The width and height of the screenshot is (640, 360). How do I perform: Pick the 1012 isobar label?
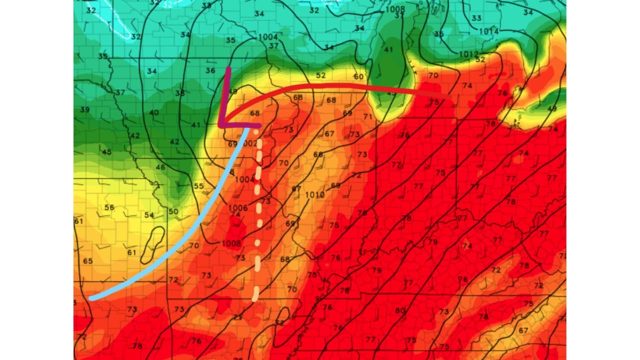469,54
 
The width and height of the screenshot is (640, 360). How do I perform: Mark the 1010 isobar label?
314,194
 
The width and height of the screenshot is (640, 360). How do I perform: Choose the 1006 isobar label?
237,208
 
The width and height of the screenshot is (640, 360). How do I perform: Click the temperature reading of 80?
399,310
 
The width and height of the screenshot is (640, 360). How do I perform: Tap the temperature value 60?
358,76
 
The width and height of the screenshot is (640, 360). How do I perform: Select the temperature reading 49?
552,108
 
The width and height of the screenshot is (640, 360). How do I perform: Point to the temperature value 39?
84,109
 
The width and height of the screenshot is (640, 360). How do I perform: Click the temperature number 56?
109,207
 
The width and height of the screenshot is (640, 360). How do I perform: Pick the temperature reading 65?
88,261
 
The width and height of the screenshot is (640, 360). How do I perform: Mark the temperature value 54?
149,215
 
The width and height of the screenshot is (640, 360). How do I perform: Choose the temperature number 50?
173,211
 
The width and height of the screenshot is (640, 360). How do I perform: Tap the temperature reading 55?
198,186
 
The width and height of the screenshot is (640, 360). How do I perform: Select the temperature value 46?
160,167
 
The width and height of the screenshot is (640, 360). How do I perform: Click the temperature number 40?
154,112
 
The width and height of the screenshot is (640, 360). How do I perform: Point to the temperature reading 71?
368,116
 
